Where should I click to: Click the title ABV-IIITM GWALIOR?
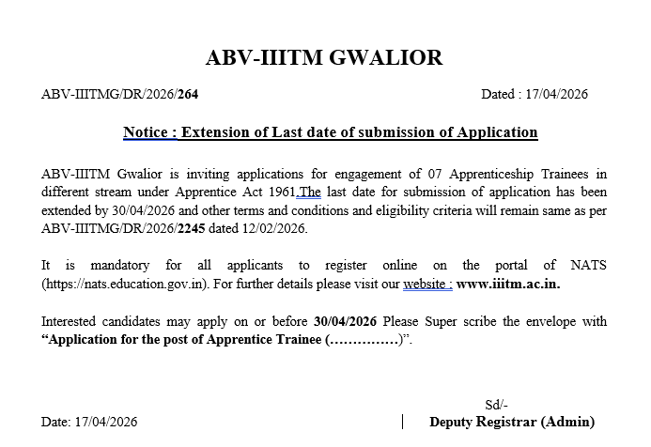pos(324,58)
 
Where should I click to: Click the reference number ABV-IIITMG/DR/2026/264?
pos(121,95)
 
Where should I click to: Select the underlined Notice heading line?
pos(330,131)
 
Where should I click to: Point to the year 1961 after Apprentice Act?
pos(279,193)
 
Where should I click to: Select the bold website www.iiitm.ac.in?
pos(515,283)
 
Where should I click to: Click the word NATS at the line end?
pos(588,265)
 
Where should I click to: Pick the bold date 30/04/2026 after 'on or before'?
pos(347,321)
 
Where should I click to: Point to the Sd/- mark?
pos(496,404)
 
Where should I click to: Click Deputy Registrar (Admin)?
pos(512,422)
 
